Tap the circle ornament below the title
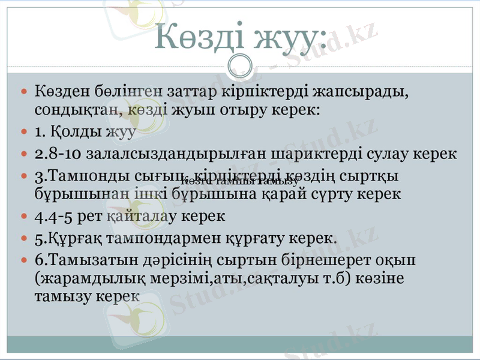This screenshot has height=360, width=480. pos(240,64)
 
